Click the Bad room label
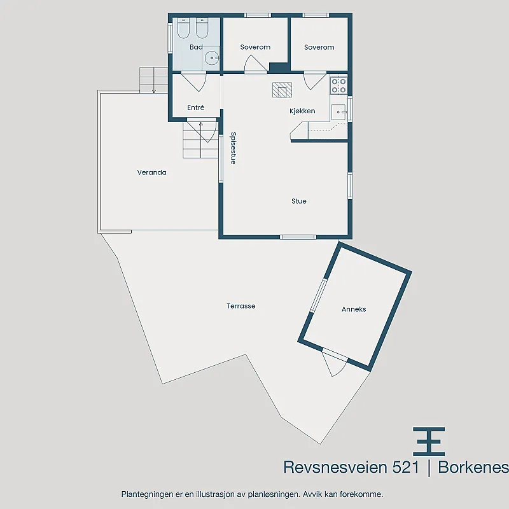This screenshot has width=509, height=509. coord(196,47)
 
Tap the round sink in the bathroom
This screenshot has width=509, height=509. coord(212,58)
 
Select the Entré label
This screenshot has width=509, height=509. coord(196,108)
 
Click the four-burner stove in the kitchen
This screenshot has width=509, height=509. coord(338,86)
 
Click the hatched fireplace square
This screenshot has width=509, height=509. coord(282,90)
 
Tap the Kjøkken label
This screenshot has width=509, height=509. coord(302,111)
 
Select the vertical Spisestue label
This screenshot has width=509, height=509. coord(233,148)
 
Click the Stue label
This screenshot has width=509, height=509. coord(298,201)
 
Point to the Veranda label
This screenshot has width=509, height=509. coord(151,172)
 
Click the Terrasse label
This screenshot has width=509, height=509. coord(241,306)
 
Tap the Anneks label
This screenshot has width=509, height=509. coord(354,309)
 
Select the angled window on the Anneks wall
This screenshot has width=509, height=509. coord(318,295)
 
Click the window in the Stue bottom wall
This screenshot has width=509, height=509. coord(298,237)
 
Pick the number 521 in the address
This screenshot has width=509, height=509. coord(406,468)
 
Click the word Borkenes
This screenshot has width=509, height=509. coord(473,468)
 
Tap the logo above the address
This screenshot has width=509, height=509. coord(429,442)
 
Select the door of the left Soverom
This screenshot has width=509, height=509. coord(256,63)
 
